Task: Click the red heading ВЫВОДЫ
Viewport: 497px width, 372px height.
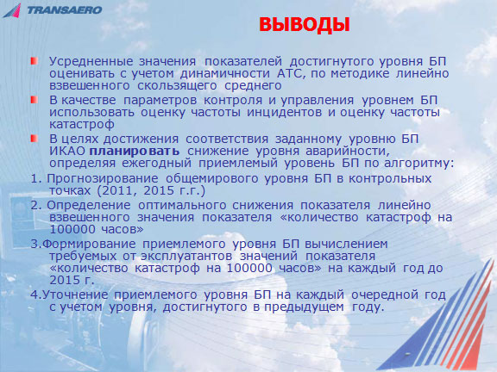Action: pyautogui.click(x=305, y=25)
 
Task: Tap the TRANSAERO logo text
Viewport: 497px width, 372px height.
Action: pyautogui.click(x=65, y=10)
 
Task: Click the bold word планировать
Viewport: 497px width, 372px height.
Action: pyautogui.click(x=135, y=152)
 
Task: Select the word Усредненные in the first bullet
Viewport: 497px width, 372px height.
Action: pyautogui.click(x=91, y=62)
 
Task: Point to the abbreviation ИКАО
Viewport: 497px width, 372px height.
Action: pyautogui.click(x=67, y=152)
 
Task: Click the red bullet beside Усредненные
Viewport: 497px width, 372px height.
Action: pyautogui.click(x=35, y=61)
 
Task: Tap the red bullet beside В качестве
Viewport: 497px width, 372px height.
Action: pyautogui.click(x=35, y=100)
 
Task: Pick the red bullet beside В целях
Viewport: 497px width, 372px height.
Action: pyautogui.click(x=35, y=139)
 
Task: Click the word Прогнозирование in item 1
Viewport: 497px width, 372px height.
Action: pyautogui.click(x=103, y=179)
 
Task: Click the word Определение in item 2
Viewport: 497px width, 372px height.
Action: pyautogui.click(x=88, y=206)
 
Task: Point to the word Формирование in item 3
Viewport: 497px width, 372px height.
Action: pyautogui.click(x=88, y=245)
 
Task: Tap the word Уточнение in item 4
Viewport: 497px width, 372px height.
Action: pyautogui.click(x=75, y=295)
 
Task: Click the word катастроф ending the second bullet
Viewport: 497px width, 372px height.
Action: pyautogui.click(x=82, y=125)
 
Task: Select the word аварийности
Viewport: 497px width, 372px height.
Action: pyautogui.click(x=348, y=152)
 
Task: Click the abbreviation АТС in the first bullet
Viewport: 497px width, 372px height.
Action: pyautogui.click(x=291, y=74)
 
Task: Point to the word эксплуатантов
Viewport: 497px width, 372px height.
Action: pyautogui.click(x=186, y=256)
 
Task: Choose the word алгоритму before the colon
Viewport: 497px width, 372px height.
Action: pyautogui.click(x=419, y=164)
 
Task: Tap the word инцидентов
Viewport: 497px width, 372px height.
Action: pyautogui.click(x=284, y=113)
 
